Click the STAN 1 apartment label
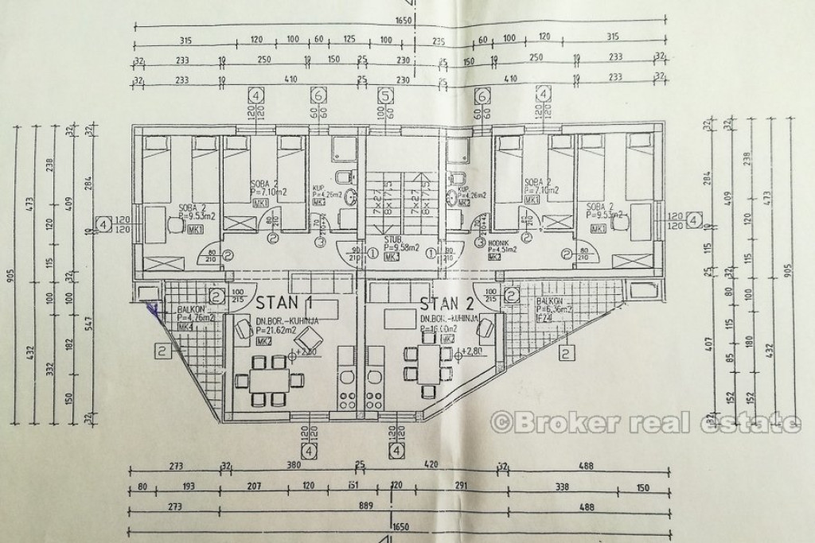(283, 302)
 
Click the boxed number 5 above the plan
(386, 95)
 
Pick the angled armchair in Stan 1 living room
(239, 324)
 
